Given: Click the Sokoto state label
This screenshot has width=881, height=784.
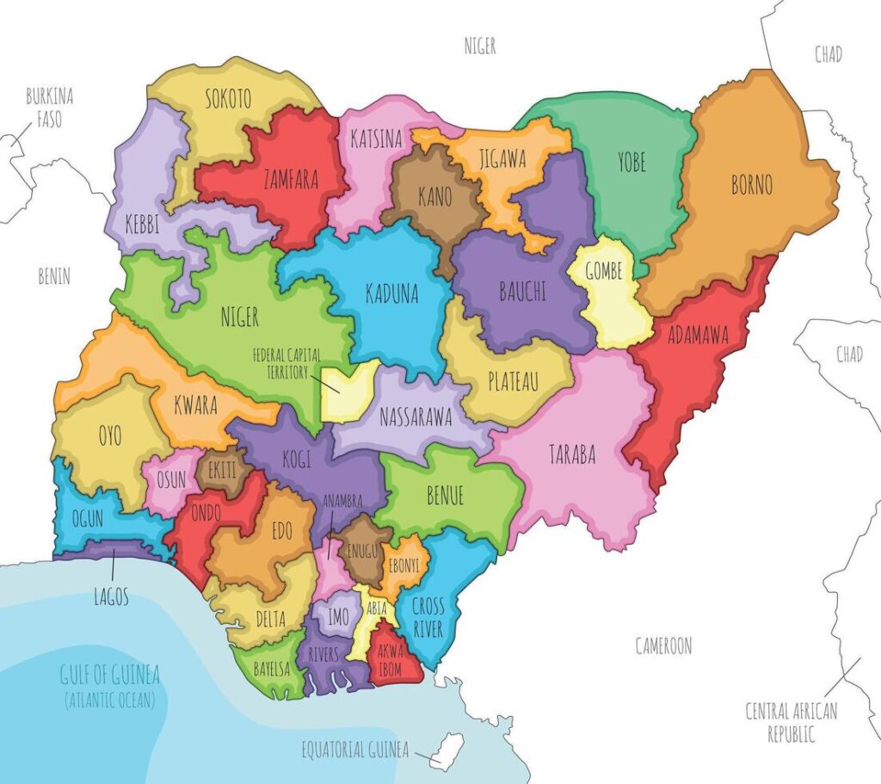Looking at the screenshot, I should click(x=228, y=99).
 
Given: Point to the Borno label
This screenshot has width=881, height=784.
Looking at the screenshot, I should click(x=751, y=184).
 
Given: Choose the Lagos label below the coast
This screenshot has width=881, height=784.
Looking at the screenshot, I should click(x=111, y=596).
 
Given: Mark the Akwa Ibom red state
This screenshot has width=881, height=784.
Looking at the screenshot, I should click(x=390, y=661).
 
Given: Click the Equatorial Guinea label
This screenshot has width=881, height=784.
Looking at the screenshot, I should click(x=354, y=748).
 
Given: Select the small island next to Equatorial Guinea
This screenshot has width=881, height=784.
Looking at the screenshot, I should click(x=445, y=753).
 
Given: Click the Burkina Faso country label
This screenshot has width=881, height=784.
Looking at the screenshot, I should click(x=49, y=108).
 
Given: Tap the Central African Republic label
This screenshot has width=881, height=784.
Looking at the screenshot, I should click(x=792, y=722).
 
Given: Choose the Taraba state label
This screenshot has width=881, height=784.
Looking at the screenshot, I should click(x=572, y=455).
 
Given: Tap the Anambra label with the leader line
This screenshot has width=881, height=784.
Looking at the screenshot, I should click(x=342, y=501).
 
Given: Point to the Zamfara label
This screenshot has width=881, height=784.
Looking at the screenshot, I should click(x=291, y=180).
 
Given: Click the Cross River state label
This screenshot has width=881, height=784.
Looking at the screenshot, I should click(x=427, y=617).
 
